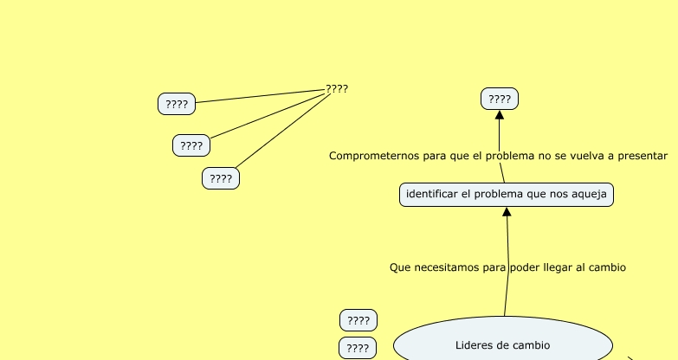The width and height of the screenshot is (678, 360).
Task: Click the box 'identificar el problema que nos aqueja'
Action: tap(507, 195)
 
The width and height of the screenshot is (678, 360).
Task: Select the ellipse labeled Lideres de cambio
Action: tap(502, 344)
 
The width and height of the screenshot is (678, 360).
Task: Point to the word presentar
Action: tap(642, 156)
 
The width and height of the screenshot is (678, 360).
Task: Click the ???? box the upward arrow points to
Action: tap(499, 99)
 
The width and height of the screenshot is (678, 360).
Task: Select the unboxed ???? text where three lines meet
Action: tap(337, 88)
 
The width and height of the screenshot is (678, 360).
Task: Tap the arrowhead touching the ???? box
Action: tap(500, 116)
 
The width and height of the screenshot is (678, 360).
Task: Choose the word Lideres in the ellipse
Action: tap(475, 344)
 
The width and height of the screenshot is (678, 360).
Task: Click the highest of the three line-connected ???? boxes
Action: tap(177, 104)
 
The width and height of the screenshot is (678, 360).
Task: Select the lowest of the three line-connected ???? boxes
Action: tap(221, 178)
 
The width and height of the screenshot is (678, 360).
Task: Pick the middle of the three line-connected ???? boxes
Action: tap(191, 145)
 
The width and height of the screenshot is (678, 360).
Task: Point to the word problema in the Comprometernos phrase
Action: tap(508, 156)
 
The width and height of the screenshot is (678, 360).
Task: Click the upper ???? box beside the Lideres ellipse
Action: tap(358, 320)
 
